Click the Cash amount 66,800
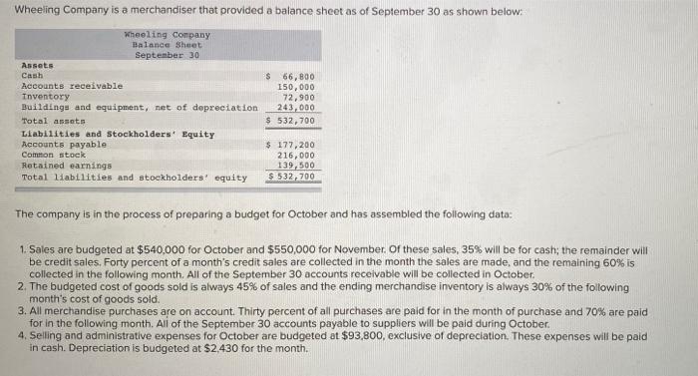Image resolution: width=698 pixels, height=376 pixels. tap(298, 76)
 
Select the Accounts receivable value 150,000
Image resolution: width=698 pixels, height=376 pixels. tap(296, 87)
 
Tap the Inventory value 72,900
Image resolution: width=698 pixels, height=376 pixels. tap(298, 97)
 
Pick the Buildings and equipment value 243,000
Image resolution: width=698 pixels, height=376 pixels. tap(296, 107)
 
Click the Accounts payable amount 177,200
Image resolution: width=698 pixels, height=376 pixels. tap(296, 145)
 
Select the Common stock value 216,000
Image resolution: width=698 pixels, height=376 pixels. tap(296, 156)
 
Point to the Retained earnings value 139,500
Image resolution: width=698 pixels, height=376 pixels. tap(296, 166)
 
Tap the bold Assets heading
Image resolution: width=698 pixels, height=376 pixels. tap(37, 66)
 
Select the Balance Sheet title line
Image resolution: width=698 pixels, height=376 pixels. tap(167, 45)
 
